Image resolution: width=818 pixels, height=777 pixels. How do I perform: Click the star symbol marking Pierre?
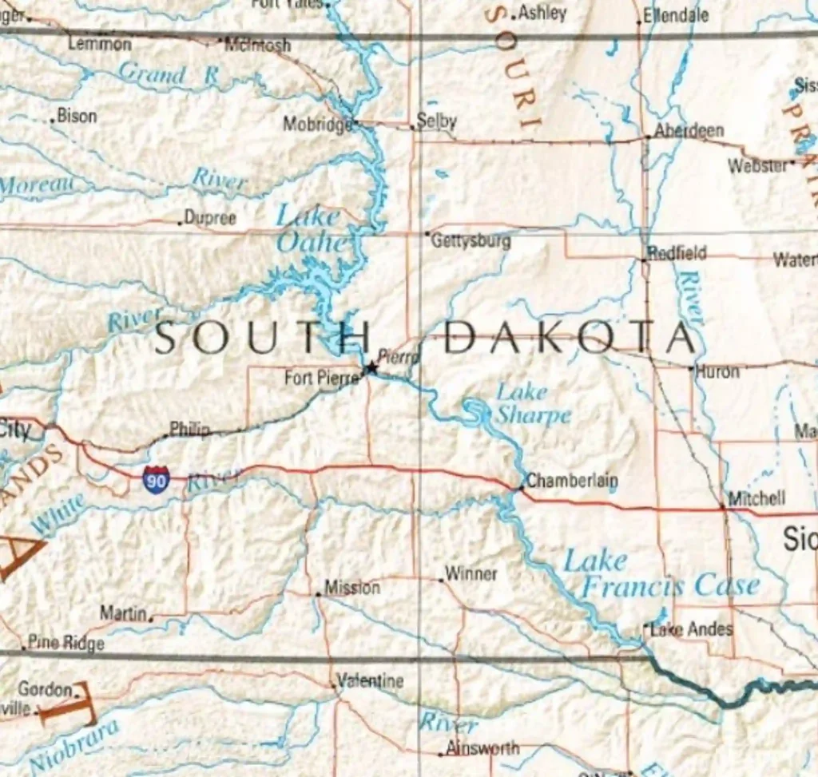[x=371, y=368]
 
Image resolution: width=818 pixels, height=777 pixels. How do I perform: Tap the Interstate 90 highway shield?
[x=156, y=478]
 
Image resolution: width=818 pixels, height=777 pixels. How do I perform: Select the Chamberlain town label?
[x=572, y=481]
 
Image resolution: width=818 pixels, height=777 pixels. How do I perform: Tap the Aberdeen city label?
[x=689, y=131]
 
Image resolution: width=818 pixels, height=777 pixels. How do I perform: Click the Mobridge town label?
[x=318, y=124]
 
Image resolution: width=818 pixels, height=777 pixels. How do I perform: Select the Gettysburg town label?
[x=471, y=240]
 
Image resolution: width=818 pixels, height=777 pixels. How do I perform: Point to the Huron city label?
[x=717, y=371]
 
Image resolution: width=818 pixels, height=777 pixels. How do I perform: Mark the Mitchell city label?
[x=757, y=498]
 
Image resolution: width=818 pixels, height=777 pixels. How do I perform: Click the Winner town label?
[x=471, y=573]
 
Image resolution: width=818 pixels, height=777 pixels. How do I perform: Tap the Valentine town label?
[x=370, y=681]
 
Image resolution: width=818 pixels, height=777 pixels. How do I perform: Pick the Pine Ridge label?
[x=66, y=643]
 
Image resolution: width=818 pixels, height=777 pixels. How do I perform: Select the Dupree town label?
[x=210, y=217]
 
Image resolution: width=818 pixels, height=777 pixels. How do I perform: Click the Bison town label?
[x=77, y=117]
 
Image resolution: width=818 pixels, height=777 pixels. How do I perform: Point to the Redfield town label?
[x=677, y=253]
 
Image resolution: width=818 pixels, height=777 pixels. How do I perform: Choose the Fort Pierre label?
[x=322, y=377]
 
